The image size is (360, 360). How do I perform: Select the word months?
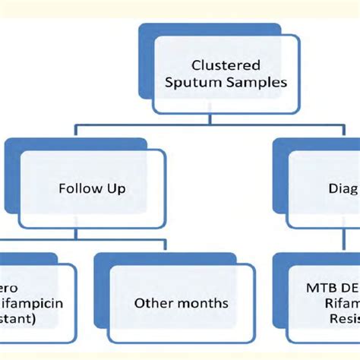pos(203,303)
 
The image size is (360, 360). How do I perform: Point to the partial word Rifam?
pos(343,303)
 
